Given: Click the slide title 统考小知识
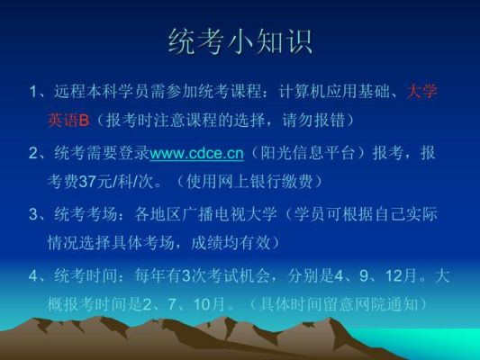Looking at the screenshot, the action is coord(240,42).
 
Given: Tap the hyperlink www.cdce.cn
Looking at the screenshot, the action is coord(197,153).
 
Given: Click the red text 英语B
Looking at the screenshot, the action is coord(68,120).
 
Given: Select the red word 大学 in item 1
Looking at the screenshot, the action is coord(422,91).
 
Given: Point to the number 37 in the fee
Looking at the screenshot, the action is coord(88,182).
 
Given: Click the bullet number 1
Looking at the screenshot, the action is coord(33,92).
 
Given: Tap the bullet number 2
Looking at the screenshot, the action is coord(33,153).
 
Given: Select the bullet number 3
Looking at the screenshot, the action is coord(33,214).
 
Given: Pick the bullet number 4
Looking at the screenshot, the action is coord(33,276).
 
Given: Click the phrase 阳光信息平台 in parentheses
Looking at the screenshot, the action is coord(307,153).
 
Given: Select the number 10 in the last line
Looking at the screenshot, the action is coord(202,304).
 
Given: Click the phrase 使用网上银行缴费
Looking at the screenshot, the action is coord(249,182).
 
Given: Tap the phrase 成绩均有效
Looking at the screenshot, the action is coord(231,243).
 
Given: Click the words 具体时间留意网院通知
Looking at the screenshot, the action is coord(339,304).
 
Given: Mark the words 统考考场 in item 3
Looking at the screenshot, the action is coord(86,214).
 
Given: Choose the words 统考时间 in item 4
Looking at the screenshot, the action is coord(86,276).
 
